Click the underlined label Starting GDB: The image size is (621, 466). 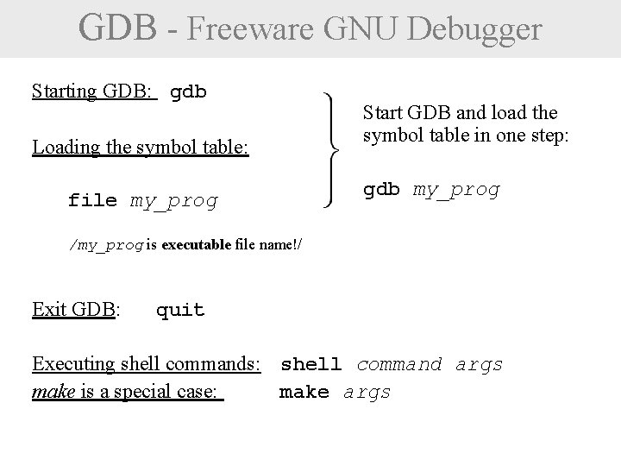94,91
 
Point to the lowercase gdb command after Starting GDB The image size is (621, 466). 189,92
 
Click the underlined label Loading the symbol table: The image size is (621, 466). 141,148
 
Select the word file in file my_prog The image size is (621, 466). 92,202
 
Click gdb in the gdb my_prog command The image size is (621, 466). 381,190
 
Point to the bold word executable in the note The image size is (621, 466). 195,244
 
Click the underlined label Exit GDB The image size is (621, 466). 73,309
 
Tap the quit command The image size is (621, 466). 180,310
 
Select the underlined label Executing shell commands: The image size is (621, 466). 147,365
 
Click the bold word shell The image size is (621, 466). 311,365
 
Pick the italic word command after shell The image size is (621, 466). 399,365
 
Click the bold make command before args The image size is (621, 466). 304,393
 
